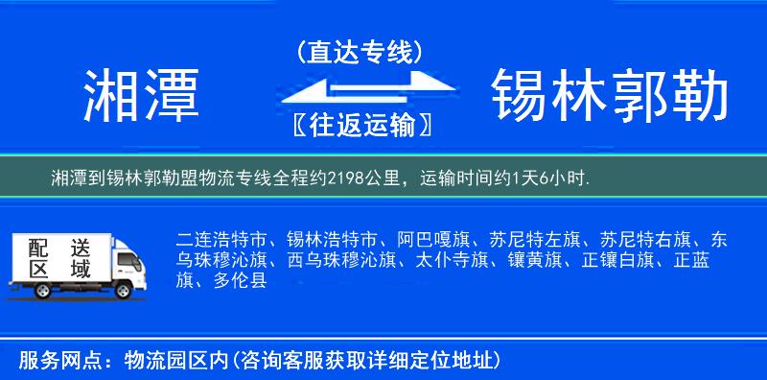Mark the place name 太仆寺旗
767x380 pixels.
pos(453,259)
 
